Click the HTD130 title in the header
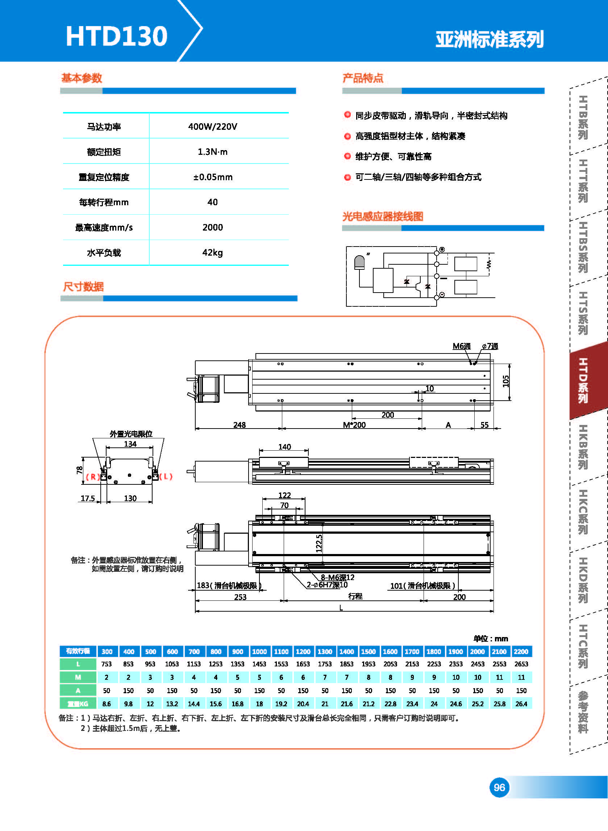(x=117, y=36)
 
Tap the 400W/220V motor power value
(x=212, y=127)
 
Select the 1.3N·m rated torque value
(x=212, y=152)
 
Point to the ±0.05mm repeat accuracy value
(x=213, y=177)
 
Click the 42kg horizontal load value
(x=212, y=253)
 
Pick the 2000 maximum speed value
(x=212, y=227)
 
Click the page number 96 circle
(x=499, y=787)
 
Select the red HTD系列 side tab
(x=583, y=380)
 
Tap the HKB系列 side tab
(x=583, y=447)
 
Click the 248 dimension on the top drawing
(x=239, y=425)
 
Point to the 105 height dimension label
(x=506, y=381)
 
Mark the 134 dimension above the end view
(x=130, y=444)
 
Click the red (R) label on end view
(x=92, y=477)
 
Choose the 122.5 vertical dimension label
(x=319, y=543)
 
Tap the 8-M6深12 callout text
(x=337, y=577)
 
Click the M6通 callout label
(x=462, y=346)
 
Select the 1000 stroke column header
(x=259, y=651)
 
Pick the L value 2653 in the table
(x=521, y=664)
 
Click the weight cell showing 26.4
(x=521, y=704)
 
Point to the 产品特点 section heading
(x=363, y=78)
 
